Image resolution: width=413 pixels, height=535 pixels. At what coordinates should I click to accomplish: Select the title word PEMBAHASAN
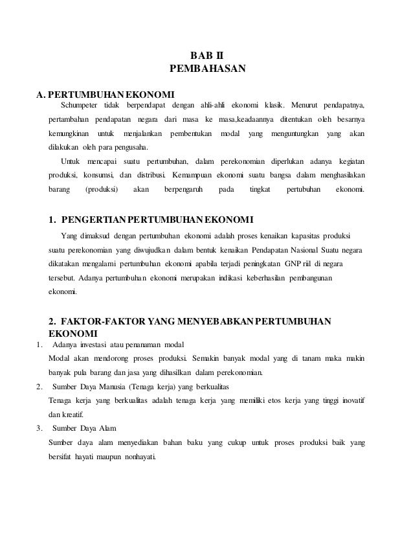[206, 67]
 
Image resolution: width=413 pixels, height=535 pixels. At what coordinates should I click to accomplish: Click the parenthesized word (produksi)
[101, 190]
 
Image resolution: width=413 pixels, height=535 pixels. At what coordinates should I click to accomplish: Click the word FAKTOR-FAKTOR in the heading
[106, 321]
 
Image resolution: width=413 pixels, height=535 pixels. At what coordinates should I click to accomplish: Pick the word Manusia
[115, 387]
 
